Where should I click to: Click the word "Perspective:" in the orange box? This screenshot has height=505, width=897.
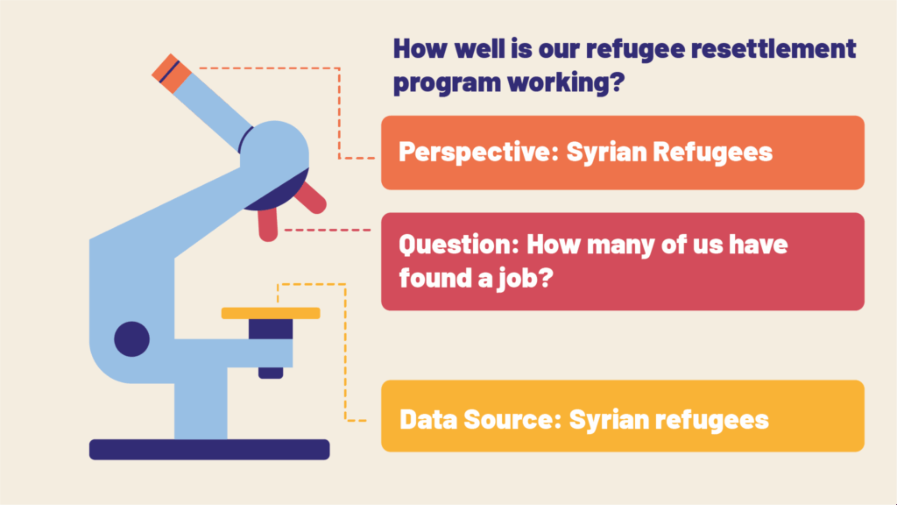(478, 153)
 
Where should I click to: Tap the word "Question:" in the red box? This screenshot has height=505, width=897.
(459, 245)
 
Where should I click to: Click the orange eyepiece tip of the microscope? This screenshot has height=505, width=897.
(171, 73)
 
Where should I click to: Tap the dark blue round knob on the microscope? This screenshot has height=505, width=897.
(131, 339)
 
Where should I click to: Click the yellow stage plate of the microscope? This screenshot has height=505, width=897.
(271, 313)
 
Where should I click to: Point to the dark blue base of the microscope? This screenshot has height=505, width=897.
(209, 450)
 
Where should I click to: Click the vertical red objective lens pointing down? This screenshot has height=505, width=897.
(268, 224)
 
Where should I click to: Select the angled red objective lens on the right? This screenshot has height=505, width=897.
(310, 197)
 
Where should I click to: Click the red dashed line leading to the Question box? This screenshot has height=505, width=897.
(328, 231)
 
